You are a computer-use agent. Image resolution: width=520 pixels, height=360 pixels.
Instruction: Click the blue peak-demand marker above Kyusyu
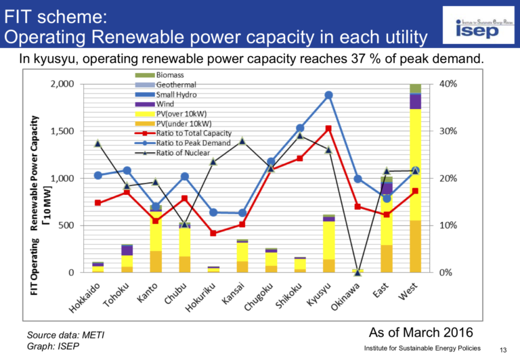pos(328,95)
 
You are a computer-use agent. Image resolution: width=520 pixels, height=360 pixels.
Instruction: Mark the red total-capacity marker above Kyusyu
pos(328,129)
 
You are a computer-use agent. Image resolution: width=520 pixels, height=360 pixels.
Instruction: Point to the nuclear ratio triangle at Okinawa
pos(358,272)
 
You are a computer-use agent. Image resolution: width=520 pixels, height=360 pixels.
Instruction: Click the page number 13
pos(503,349)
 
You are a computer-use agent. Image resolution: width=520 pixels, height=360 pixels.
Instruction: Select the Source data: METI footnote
pos(66,335)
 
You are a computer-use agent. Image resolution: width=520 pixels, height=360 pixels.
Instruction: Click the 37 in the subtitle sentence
pos(356,59)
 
